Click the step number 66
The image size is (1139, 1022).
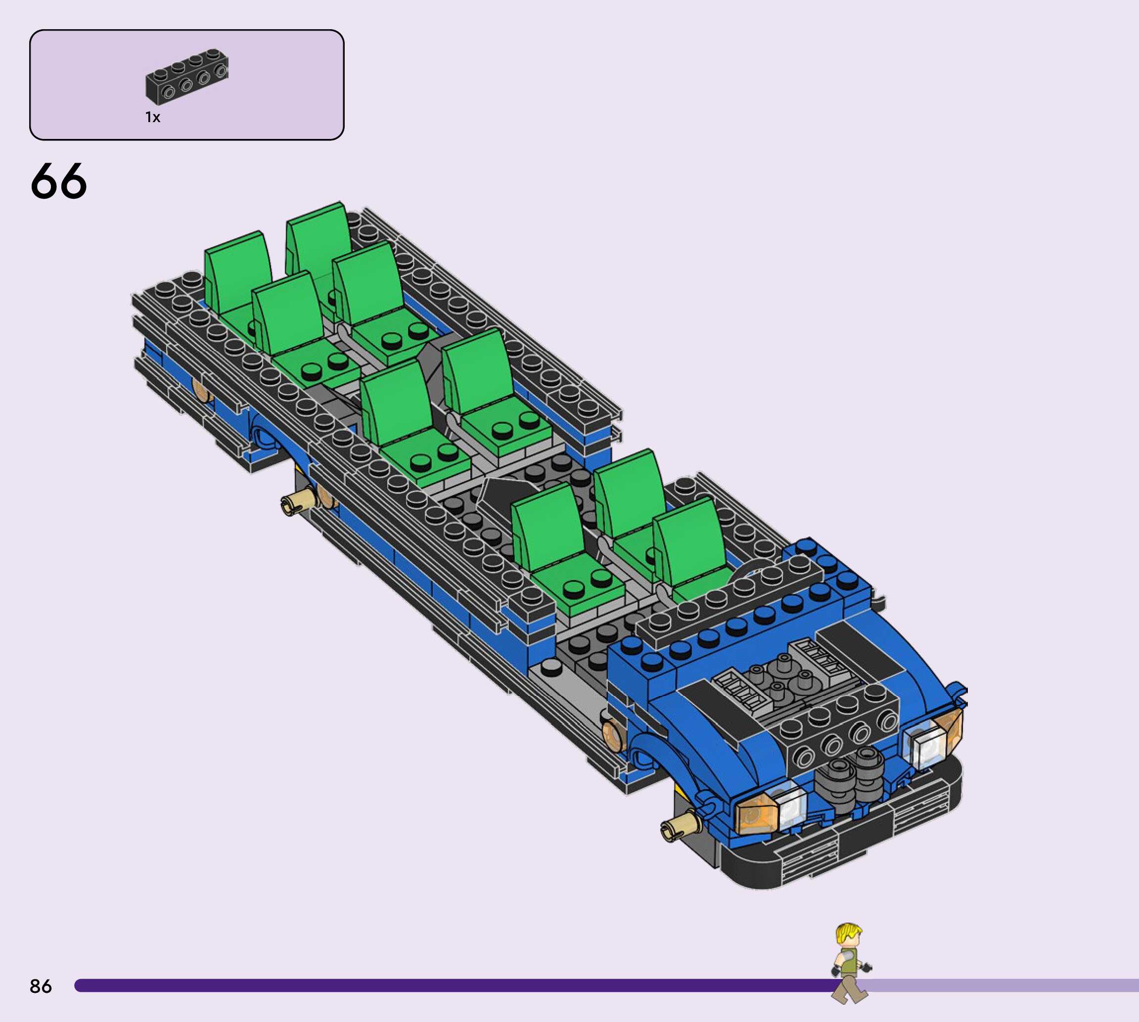(x=58, y=181)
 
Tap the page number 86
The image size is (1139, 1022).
(x=41, y=986)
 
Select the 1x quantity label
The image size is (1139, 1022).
(x=153, y=117)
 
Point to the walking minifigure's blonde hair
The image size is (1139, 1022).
(x=848, y=934)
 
